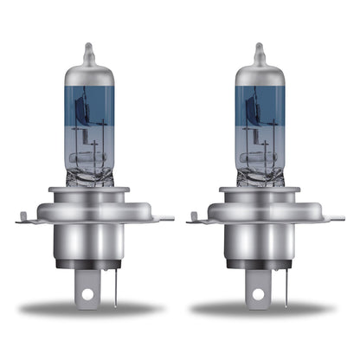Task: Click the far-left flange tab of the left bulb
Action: [23, 220]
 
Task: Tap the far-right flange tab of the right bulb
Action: [339, 218]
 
